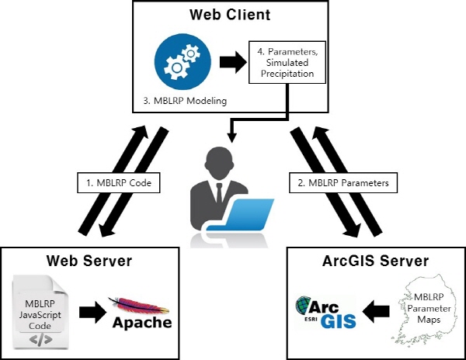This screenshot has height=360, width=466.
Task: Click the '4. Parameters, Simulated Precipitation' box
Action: point(287,63)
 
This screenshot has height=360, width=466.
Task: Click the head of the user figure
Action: point(216,158)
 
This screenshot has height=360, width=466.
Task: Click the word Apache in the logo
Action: point(141,321)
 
